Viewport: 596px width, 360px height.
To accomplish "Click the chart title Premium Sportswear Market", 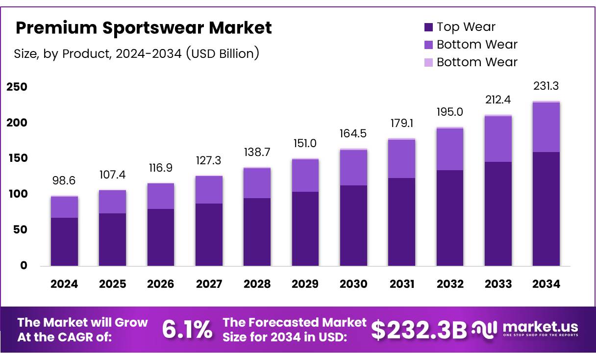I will pos(143,28).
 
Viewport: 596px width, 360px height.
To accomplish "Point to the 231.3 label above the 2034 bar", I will pos(546,86).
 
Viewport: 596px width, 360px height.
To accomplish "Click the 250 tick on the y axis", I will pos(17,87).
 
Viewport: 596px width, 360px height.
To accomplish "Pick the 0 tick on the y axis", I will pos(24,266).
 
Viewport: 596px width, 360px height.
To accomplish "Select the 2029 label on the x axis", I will pos(305,284).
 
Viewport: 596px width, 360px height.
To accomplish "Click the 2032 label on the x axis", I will pos(450,284).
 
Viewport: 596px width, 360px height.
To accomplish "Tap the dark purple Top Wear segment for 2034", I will pos(546,208).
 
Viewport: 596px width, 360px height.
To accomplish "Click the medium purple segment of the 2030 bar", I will pos(353,167).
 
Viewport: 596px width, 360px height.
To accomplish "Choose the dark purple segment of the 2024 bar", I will pos(64,241).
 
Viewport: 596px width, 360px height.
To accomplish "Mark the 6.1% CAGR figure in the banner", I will pos(187,330).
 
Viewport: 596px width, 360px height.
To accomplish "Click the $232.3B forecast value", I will pos(419,330).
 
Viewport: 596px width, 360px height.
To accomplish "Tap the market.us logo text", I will pos(540,327).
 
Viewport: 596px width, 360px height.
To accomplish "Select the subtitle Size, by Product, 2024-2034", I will pos(136,53).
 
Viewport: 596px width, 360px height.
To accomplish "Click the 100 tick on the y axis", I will pos(17,194).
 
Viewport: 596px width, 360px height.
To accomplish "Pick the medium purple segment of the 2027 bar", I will pos(209,189).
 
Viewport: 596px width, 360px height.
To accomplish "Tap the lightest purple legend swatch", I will pos(428,63).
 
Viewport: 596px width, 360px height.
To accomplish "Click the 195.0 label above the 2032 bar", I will pos(450,112).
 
